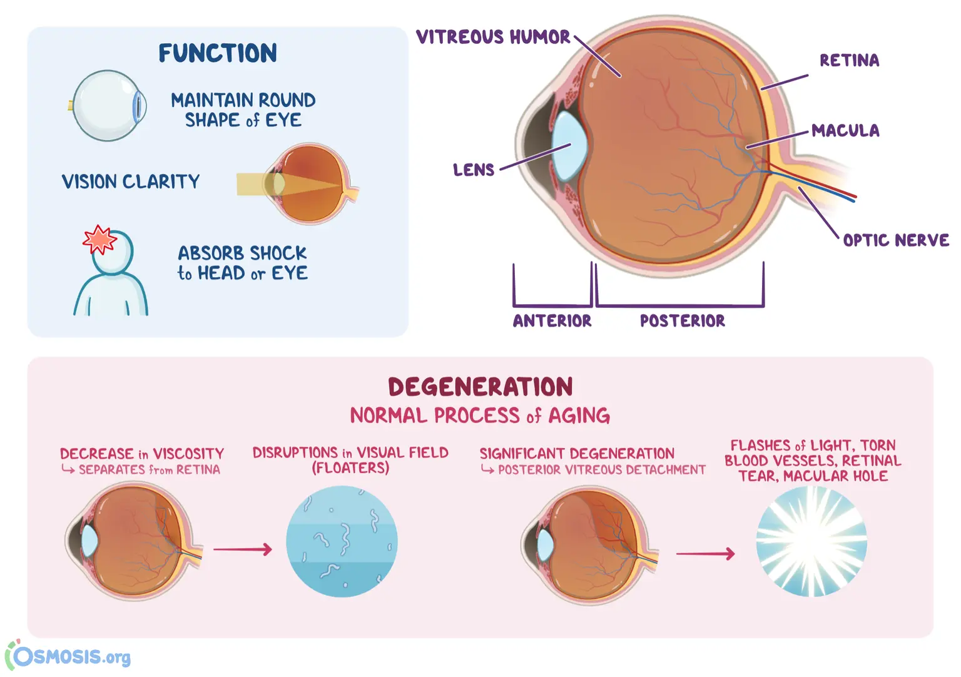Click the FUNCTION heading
(x=218, y=53)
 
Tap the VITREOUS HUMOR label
(x=494, y=37)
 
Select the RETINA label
(x=850, y=61)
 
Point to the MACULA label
(x=846, y=130)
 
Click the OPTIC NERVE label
(x=896, y=240)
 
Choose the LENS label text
(x=474, y=170)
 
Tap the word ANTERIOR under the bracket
(x=552, y=321)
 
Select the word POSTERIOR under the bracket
(x=683, y=321)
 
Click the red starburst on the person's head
(x=99, y=240)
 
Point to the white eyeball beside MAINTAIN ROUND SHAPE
(x=109, y=106)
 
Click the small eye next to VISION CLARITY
(x=310, y=183)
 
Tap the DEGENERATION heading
(x=480, y=387)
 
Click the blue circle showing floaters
(x=342, y=541)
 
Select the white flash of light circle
(x=811, y=542)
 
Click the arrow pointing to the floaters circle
(x=243, y=549)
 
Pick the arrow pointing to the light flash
(x=706, y=554)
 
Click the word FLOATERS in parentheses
(x=351, y=468)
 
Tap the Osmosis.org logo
(x=68, y=655)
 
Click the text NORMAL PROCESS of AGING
(x=480, y=415)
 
